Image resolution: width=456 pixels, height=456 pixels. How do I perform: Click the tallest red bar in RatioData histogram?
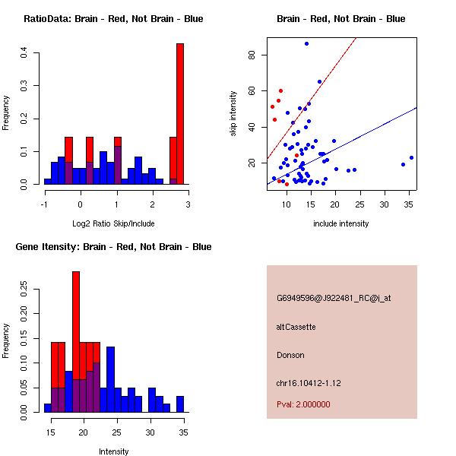coord(180,114)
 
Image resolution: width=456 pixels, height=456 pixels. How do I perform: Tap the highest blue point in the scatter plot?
coord(306,44)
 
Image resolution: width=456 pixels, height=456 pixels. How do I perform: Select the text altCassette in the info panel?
coord(296,327)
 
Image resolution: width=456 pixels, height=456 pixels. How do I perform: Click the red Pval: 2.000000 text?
coord(303,404)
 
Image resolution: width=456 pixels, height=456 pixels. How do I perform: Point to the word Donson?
coord(290,355)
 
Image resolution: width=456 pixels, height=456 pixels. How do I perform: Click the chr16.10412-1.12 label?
coord(309,383)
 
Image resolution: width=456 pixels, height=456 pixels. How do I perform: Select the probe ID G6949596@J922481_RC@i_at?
coord(334,299)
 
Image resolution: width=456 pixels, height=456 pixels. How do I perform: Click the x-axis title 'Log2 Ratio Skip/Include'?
coord(116,223)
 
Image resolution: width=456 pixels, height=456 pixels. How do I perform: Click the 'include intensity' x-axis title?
coord(341,223)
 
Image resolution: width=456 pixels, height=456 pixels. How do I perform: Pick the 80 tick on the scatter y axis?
coord(250,55)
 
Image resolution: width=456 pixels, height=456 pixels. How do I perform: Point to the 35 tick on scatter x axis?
coord(409,204)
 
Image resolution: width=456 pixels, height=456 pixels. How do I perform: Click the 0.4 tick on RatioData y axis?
coord(24,52)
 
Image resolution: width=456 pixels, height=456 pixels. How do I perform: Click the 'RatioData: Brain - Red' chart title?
coord(113,19)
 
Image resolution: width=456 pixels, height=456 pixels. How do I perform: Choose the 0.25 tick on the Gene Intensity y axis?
coord(24,289)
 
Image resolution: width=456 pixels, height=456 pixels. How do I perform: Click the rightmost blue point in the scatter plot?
coord(411,157)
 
